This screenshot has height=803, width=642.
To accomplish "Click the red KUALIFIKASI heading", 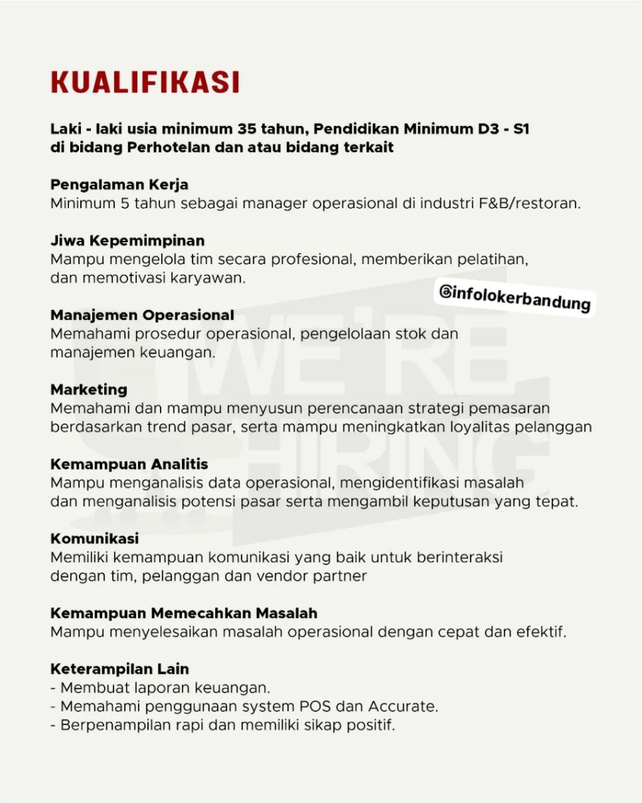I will click(x=145, y=83).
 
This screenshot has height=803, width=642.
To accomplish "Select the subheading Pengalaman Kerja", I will click(x=119, y=185).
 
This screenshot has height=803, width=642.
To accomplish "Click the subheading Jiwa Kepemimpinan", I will click(x=127, y=241).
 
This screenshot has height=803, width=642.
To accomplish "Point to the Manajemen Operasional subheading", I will click(x=142, y=315).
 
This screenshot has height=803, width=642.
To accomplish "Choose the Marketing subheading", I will click(x=89, y=390).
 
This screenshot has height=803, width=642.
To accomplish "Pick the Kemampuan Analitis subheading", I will click(x=129, y=464).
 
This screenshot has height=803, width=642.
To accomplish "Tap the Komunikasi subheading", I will click(x=95, y=539).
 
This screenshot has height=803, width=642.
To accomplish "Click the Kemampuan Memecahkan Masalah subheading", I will click(x=184, y=613).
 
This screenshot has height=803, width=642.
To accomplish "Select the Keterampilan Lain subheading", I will click(x=120, y=669).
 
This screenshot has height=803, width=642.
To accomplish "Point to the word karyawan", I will click(x=213, y=278).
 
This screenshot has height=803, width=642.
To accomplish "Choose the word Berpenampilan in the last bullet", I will click(x=111, y=725).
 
